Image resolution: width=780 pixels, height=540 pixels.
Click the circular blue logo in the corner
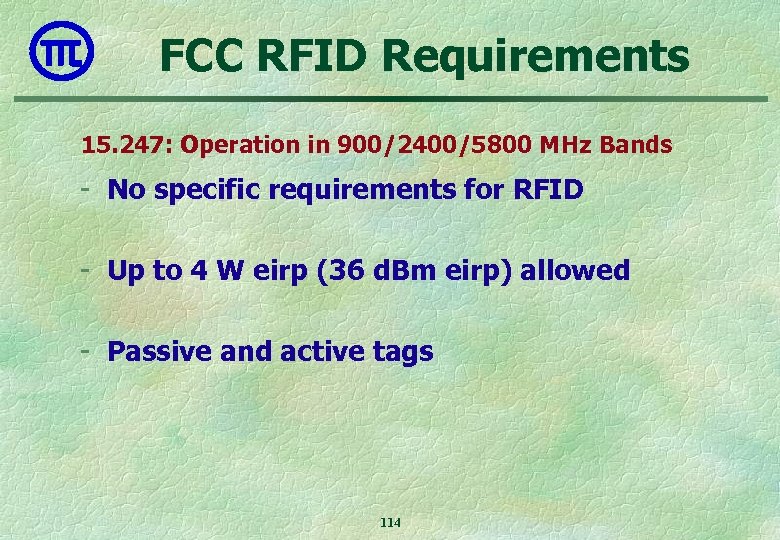tap(62, 49)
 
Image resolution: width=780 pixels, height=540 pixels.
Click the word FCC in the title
tap(204, 56)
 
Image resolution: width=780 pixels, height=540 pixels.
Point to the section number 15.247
tap(124, 145)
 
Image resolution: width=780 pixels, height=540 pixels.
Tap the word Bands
tap(636, 145)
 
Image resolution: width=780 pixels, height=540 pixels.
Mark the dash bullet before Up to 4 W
tap(90, 270)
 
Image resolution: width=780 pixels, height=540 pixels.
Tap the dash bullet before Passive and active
tap(90, 351)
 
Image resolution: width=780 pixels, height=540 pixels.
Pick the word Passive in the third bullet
tap(151, 352)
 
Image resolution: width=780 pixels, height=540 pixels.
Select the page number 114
tap(390, 523)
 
